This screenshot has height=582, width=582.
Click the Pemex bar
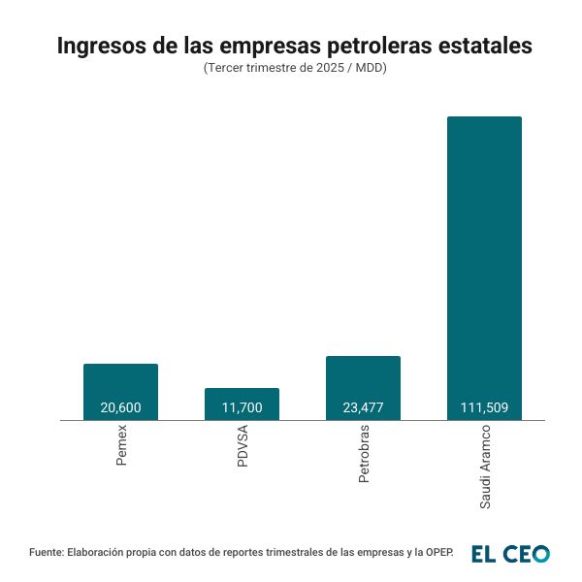pyautogui.click(x=120, y=383)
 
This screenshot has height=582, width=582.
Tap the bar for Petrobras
pyautogui.click(x=363, y=378)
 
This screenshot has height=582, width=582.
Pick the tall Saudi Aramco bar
pyautogui.click(x=484, y=262)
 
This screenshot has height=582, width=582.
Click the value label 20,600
pyautogui.click(x=120, y=408)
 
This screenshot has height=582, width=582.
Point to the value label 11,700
pyautogui.click(x=242, y=408)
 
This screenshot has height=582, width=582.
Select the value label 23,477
pyautogui.click(x=363, y=408)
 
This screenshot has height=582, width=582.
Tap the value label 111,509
pyautogui.click(x=484, y=408)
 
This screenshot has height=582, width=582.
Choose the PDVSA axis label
pyautogui.click(x=242, y=448)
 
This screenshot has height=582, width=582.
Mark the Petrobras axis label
pyautogui.click(x=364, y=455)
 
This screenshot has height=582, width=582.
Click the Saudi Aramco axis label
pyautogui.click(x=485, y=468)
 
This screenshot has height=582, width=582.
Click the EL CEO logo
pyautogui.click(x=510, y=553)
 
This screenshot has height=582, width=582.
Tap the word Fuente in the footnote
pyautogui.click(x=46, y=552)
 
